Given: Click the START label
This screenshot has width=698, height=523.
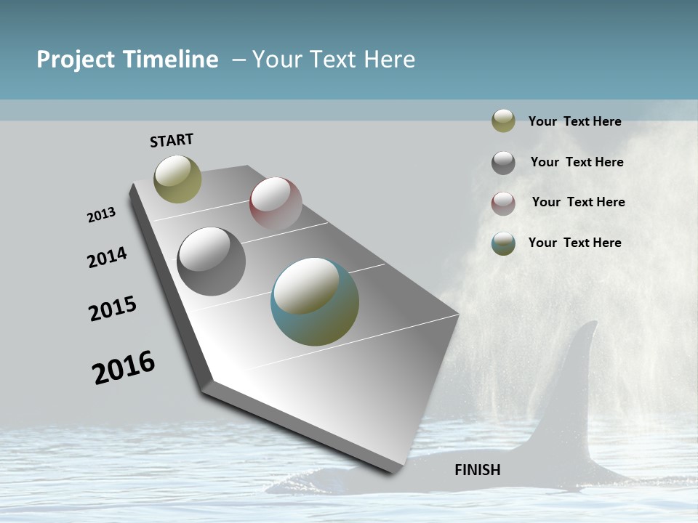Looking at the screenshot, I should (x=172, y=140).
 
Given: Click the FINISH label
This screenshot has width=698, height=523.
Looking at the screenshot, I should (x=477, y=470).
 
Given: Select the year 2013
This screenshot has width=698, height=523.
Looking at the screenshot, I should (x=101, y=215).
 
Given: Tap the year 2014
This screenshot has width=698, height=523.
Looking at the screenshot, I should (x=107, y=258).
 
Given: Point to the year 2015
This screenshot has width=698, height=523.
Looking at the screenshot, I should (x=113, y=309).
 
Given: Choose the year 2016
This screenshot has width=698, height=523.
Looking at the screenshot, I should (x=124, y=368).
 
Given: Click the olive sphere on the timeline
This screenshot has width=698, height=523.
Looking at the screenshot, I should (x=177, y=179).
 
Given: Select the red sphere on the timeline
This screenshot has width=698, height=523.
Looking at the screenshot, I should (x=276, y=203).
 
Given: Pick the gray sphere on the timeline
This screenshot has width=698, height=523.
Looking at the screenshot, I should (x=211, y=261).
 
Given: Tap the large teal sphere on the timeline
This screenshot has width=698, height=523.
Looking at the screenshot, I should (x=315, y=301).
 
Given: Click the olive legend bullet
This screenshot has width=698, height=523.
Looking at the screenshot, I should (x=503, y=121).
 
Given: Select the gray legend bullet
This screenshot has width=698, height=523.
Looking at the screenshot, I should (x=503, y=163).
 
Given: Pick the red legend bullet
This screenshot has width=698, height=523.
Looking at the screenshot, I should (x=503, y=203).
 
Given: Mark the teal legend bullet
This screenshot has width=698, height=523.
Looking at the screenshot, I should (x=503, y=243).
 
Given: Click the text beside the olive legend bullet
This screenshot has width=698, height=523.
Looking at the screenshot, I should (x=574, y=122).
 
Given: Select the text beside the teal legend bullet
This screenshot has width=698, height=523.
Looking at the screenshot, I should (x=574, y=243).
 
